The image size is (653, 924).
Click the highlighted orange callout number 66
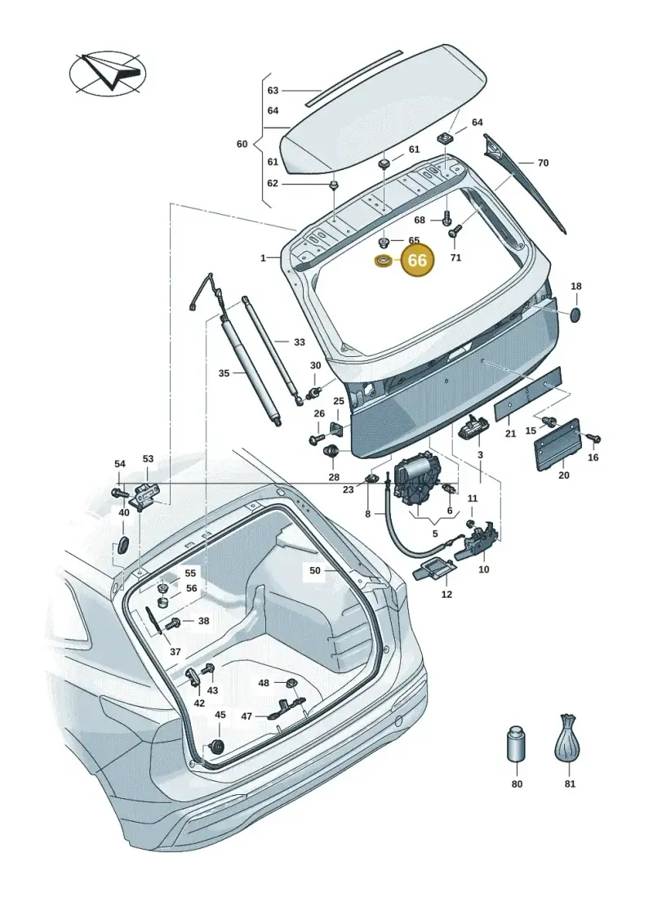coord(417,260)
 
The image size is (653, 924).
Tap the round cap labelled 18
coord(576,313)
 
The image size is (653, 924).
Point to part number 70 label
coord(543,162)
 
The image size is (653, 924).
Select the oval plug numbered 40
coord(123,544)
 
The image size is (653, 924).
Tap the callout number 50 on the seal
coord(315,570)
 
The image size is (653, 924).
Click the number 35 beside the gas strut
coord(224,373)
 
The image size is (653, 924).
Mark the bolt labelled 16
coord(593,438)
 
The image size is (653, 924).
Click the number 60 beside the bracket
coord(242,144)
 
